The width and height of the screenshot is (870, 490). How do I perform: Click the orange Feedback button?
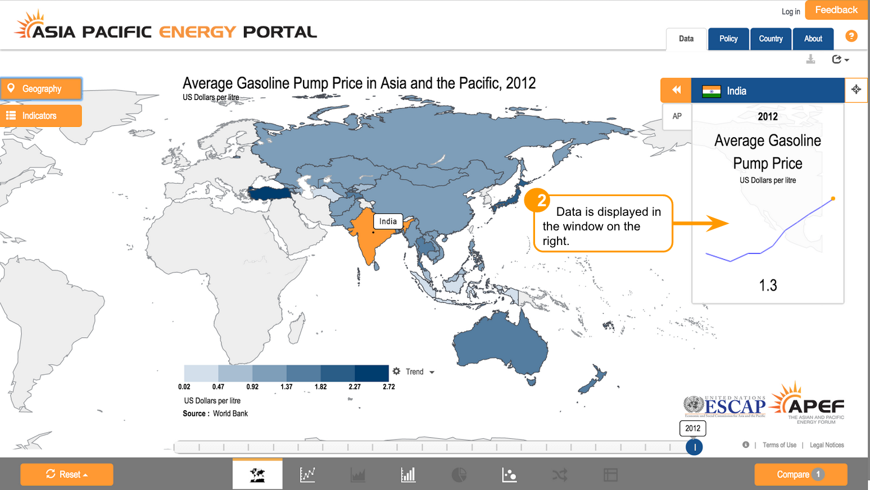(x=836, y=10)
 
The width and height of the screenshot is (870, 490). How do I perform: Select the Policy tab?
(x=728, y=39)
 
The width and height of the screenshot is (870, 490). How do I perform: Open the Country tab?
(x=771, y=39)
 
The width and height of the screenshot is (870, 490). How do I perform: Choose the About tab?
(x=813, y=39)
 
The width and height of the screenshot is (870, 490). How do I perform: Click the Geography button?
(x=41, y=89)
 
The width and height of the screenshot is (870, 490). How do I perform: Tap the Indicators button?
(x=41, y=116)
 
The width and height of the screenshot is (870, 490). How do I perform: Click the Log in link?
(x=790, y=12)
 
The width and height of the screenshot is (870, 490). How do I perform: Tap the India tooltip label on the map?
(x=388, y=221)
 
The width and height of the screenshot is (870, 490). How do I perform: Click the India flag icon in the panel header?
(x=712, y=91)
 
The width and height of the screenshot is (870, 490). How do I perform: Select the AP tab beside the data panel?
(x=677, y=116)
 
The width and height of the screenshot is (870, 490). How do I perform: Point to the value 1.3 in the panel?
(x=768, y=285)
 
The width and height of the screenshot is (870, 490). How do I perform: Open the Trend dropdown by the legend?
(x=414, y=372)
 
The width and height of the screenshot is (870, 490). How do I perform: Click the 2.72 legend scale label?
(x=389, y=387)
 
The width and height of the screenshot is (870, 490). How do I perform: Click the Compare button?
(x=800, y=475)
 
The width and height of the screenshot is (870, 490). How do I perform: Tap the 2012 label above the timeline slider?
(x=693, y=428)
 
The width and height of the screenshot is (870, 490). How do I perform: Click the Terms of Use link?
(x=779, y=445)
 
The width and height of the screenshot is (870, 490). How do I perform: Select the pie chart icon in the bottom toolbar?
(x=459, y=475)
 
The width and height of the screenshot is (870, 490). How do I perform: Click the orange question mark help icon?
(x=851, y=36)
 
